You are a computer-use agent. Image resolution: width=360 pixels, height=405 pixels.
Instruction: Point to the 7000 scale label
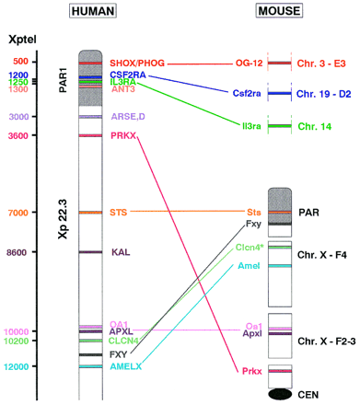click(x=18, y=213)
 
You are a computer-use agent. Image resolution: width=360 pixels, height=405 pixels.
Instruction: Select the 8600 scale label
click(x=18, y=251)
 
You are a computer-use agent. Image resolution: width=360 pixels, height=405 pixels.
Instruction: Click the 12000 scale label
click(x=17, y=366)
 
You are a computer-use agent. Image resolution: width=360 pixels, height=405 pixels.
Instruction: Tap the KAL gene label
click(x=120, y=251)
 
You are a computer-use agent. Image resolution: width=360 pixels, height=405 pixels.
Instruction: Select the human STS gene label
click(x=119, y=213)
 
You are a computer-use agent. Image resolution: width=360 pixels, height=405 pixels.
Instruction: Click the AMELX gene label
click(x=125, y=365)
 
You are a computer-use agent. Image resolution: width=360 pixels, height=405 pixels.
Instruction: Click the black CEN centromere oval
click(x=281, y=395)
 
